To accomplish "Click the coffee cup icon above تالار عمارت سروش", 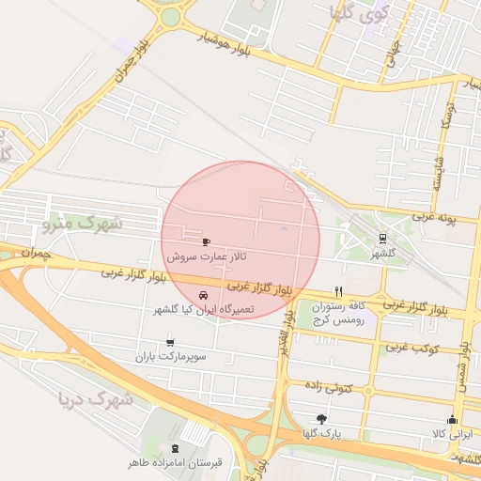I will [x=207, y=241].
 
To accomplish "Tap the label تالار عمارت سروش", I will [x=206, y=256].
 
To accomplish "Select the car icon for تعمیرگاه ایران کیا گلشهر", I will [x=204, y=297].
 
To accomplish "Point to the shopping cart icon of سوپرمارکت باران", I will [x=170, y=343].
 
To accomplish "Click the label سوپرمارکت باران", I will [x=170, y=357].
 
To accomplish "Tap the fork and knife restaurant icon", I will [x=337, y=291].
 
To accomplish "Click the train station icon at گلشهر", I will [x=381, y=240].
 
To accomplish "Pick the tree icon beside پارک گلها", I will [x=322, y=419].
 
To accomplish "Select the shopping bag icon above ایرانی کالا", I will [x=452, y=419].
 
